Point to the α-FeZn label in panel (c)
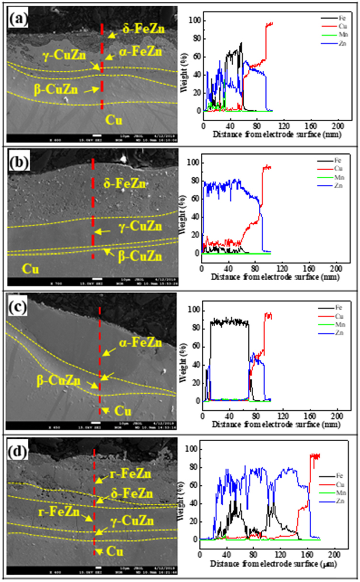coord(140,342)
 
